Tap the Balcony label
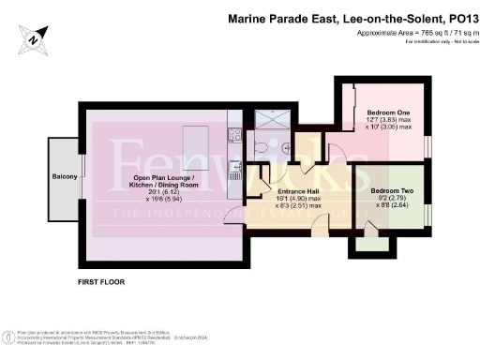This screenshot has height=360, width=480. [x=64, y=175]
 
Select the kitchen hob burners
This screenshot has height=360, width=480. [x=235, y=173]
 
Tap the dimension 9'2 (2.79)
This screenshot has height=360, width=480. [x=386, y=183]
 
